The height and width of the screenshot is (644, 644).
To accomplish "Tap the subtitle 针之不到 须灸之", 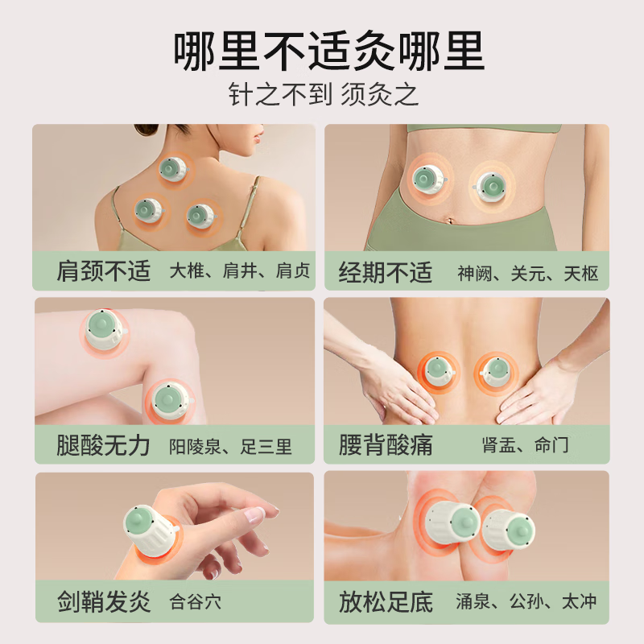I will (322, 95).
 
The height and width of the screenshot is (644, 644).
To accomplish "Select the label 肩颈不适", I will (104, 271).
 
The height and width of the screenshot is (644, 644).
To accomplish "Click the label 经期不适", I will (386, 271).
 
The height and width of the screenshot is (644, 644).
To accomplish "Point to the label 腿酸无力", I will (104, 445).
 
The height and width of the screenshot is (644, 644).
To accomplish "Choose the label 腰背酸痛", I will (386, 445).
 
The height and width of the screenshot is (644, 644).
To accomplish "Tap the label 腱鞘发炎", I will (104, 601).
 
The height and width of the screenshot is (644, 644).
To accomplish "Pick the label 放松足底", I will (386, 601).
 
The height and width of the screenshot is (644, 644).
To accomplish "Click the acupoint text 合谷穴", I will (196, 601).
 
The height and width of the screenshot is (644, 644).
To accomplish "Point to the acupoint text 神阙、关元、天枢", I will (528, 273).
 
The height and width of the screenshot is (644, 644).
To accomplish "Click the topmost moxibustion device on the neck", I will (171, 169).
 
